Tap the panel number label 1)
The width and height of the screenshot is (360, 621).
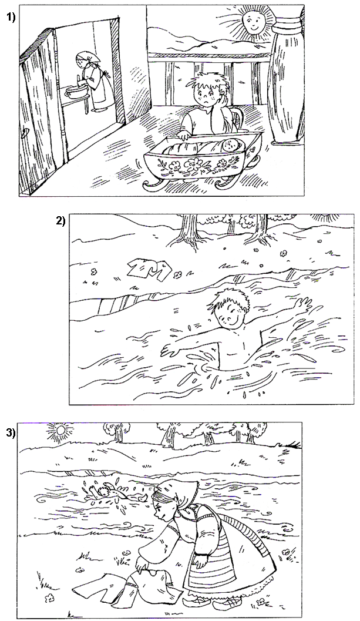tap(11, 18)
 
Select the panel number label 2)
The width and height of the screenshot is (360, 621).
tap(60, 220)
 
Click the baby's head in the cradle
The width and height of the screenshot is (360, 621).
tap(229, 146)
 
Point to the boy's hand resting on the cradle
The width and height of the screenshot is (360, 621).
tap(183, 136)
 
